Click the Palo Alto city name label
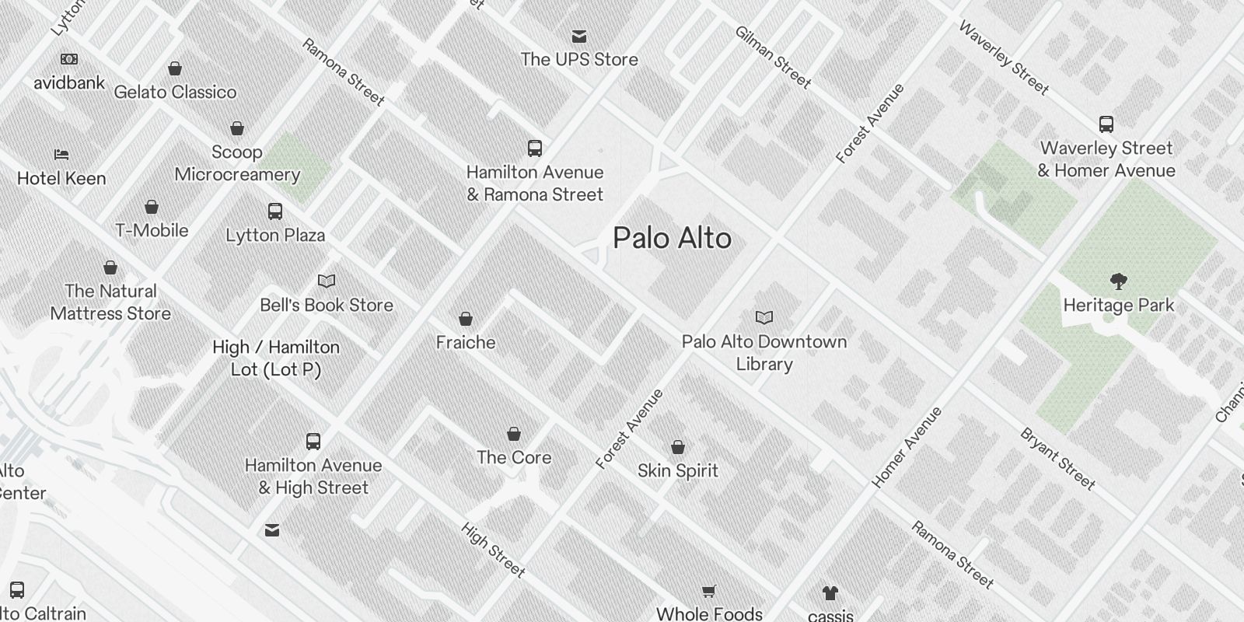click(672, 238)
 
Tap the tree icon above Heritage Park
click(1119, 281)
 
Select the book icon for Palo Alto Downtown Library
click(764, 317)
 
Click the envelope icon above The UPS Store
click(579, 37)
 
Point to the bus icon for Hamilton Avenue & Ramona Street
click(535, 149)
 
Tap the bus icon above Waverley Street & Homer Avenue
click(1106, 124)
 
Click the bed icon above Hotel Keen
click(61, 155)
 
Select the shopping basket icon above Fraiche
click(466, 319)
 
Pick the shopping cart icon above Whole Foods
click(709, 592)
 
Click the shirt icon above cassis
click(830, 593)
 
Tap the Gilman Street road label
click(773, 57)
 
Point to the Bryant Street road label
click(1057, 459)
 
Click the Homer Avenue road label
click(907, 447)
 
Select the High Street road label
click(493, 550)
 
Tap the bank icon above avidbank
click(69, 59)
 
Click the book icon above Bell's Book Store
click(327, 281)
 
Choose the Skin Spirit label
click(678, 470)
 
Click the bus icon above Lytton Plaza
click(275, 211)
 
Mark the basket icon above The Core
click(514, 434)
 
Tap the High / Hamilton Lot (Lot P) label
click(276, 358)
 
